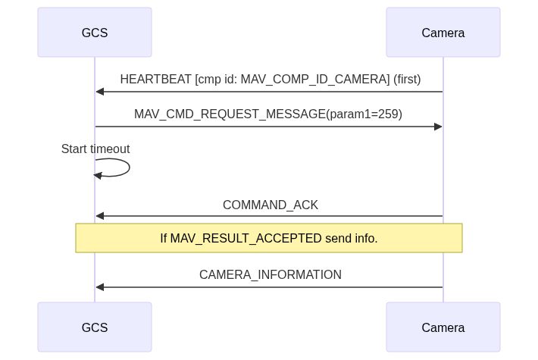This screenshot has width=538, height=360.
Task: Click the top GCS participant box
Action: coord(95,33)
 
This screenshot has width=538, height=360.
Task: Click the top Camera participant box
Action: coord(443,33)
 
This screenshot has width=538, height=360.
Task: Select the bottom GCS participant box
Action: coord(95,327)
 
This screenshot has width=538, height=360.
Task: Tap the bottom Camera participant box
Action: coord(443,327)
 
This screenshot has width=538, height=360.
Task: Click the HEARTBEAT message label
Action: coord(270,79)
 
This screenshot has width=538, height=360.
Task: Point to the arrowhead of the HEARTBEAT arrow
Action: coord(99,92)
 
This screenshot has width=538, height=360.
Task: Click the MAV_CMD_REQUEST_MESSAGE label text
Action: coord(267,114)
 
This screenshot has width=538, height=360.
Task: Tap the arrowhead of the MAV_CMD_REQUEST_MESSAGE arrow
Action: coord(438,127)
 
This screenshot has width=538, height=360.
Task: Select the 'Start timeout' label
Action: coord(95,149)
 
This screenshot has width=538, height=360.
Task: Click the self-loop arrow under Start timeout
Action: coord(125,167)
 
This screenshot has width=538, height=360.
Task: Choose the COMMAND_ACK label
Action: coord(270,205)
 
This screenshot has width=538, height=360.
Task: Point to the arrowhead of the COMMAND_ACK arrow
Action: coord(99,216)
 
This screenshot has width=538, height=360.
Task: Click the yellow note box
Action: coord(269,238)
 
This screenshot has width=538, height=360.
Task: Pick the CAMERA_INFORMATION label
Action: coord(270,274)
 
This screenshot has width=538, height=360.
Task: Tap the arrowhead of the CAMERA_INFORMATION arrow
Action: coord(99,287)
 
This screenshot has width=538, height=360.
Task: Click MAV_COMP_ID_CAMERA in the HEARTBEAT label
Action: coord(313,79)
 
